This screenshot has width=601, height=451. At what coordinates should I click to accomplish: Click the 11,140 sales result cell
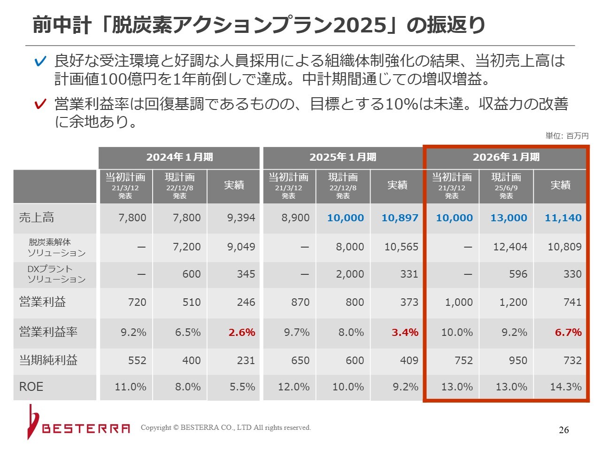coord(563,218)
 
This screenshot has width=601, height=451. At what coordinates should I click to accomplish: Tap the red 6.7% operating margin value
coord(568,333)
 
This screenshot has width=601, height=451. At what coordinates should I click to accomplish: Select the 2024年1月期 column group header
coord(179,157)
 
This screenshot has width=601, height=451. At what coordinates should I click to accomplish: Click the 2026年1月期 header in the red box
coord(506,157)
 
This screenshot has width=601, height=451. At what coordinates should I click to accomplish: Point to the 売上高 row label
coord(37,218)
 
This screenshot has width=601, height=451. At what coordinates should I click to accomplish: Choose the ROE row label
coord(31,387)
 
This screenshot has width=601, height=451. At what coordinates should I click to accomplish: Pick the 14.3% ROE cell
coord(566,387)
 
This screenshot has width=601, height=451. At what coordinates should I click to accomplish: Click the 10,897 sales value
coord(400,218)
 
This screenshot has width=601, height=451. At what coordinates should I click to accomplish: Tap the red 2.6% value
coord(242,333)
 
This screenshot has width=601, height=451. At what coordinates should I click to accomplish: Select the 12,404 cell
coord(510,247)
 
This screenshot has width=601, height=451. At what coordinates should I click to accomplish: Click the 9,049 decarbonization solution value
coord(241,247)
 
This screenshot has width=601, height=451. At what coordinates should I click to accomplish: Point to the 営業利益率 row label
coord(48,332)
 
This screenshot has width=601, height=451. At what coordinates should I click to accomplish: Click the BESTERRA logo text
coord(86,428)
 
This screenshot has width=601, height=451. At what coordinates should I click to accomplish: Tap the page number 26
coord(564,430)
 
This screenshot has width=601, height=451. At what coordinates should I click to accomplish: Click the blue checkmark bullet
coord(41,62)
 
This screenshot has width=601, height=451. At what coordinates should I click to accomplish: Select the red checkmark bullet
coord(41,104)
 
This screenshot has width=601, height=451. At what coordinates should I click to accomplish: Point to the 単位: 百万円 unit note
coord(567,136)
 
